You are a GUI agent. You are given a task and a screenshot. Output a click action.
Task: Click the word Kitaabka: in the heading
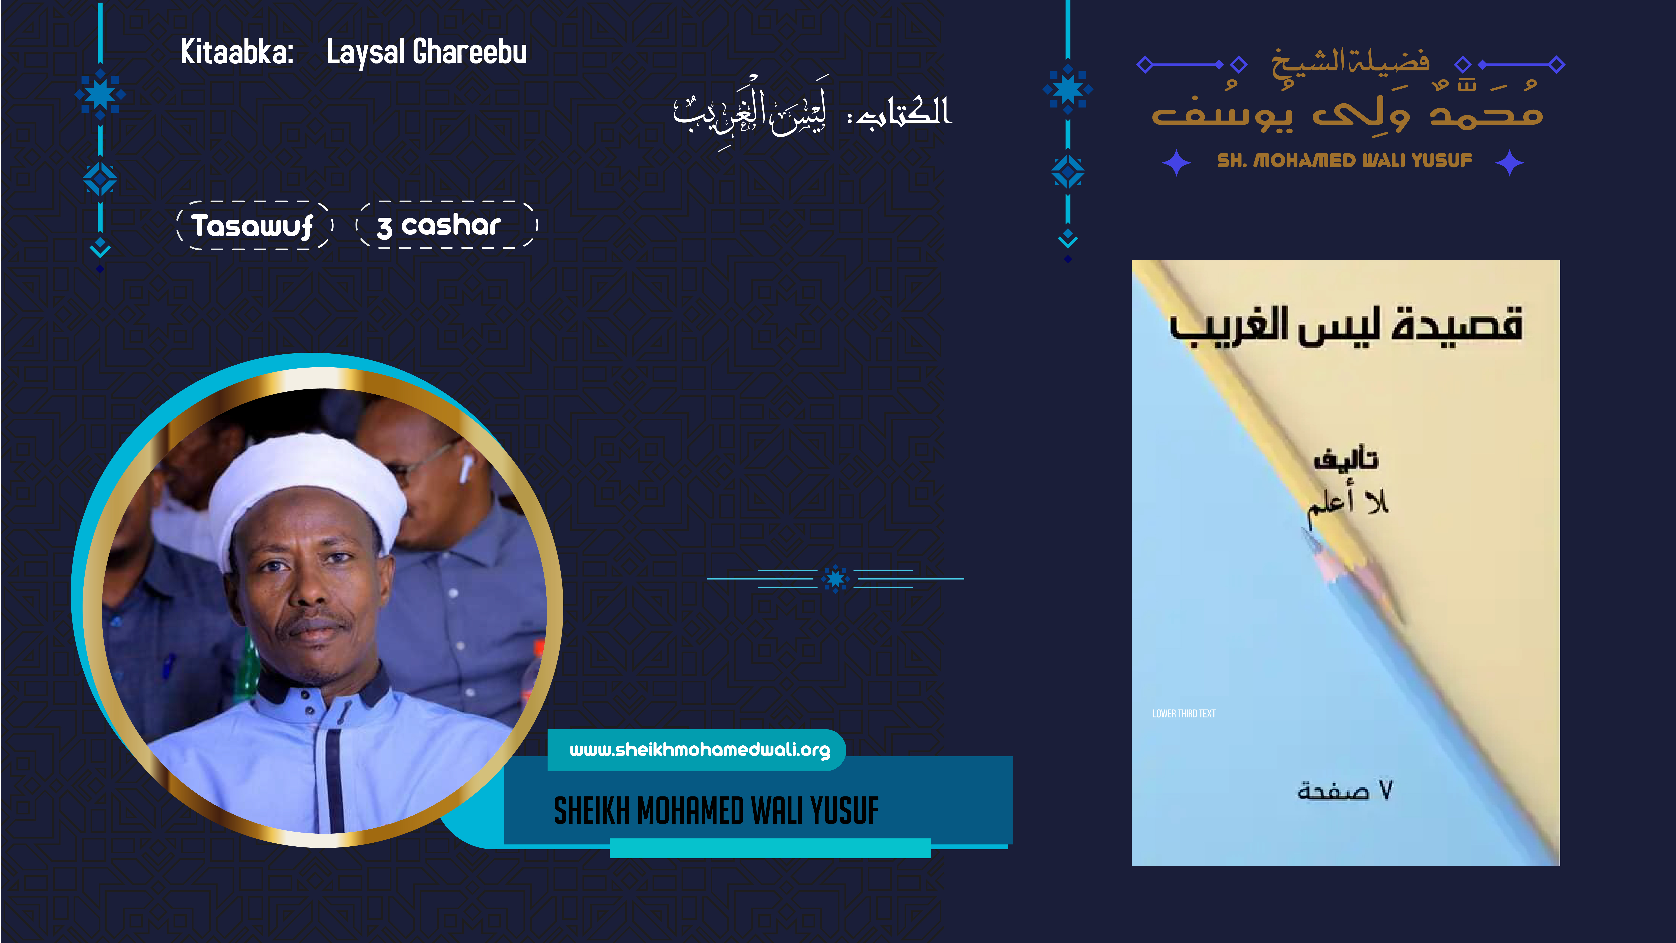[x=236, y=52]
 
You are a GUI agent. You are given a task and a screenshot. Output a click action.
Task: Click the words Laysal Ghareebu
[x=426, y=52]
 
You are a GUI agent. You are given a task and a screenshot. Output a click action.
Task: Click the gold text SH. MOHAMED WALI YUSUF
[x=1344, y=161]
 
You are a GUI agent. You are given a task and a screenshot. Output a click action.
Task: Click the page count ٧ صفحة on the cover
[x=1344, y=790]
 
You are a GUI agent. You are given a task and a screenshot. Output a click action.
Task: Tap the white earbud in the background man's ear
[x=465, y=469]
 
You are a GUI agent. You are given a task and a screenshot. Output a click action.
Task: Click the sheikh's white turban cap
[x=306, y=482]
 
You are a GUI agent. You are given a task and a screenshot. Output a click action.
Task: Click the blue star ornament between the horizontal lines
[x=835, y=578]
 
